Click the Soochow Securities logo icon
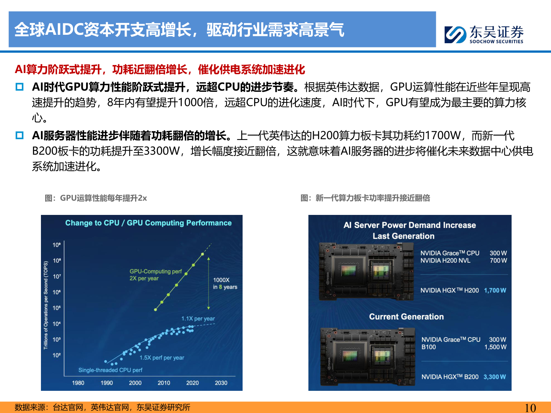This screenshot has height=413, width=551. tap(455, 34)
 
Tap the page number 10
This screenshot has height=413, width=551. tap(530, 408)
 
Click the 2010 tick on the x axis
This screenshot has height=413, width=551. tap(164, 383)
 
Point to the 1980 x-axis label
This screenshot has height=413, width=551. tap(78, 383)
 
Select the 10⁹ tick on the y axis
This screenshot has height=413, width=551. tap(57, 245)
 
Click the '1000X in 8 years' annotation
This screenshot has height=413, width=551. tap(225, 283)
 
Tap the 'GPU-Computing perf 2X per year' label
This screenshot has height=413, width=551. tap(155, 275)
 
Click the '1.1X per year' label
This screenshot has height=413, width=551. tap(198, 319)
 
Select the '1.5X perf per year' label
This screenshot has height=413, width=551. tap(161, 358)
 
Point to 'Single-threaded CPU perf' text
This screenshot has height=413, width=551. tap(110, 370)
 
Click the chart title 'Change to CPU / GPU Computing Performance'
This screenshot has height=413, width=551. tap(148, 223)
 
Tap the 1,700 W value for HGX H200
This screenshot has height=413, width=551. tap(495, 290)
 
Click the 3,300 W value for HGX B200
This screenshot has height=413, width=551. tap(494, 377)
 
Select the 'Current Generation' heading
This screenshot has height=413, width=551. tap(406, 317)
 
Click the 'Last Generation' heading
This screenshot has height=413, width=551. tap(404, 236)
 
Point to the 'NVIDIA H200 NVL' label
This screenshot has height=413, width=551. tap(445, 260)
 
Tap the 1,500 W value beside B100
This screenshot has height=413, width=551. tap(495, 347)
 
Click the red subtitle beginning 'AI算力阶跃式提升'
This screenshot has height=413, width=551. tap(160, 69)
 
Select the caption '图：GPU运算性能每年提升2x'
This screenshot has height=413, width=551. tap(96, 198)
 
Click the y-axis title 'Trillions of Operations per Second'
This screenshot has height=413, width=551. tap(46, 305)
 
